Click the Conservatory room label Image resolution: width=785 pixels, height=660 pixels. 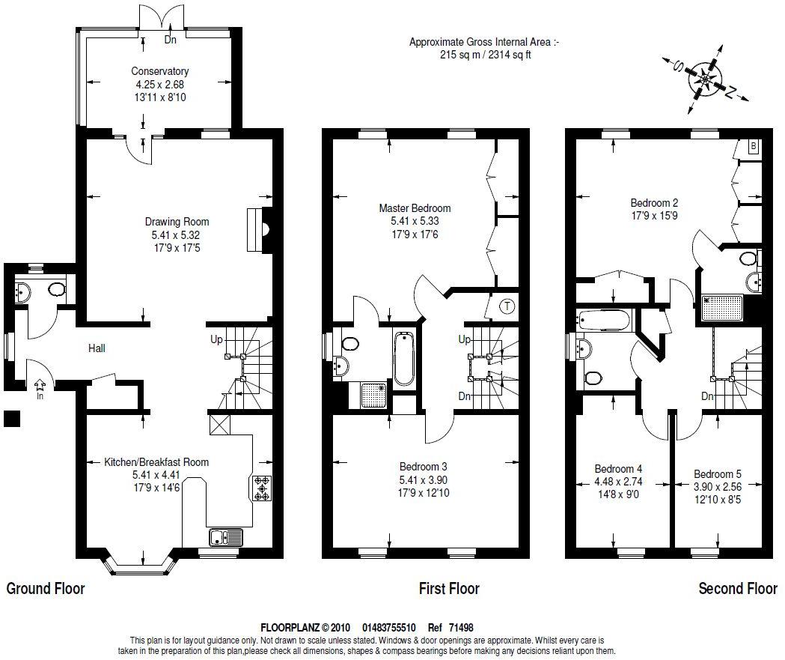159,71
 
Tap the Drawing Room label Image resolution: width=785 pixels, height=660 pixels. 177,222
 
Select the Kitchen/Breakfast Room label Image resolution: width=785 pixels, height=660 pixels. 156,462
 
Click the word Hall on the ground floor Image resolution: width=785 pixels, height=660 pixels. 97,348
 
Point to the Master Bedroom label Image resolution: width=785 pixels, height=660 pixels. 415,208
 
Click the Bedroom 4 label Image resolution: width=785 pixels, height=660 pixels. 618,468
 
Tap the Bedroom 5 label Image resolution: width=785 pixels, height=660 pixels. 718,473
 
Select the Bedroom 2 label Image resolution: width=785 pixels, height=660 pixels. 654,203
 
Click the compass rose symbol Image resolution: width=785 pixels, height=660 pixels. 706,79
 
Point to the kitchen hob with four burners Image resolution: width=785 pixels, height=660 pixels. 262,488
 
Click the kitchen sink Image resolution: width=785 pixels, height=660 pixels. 226,537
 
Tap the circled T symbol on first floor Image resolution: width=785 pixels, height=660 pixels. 507,306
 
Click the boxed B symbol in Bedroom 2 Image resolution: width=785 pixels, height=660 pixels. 754,146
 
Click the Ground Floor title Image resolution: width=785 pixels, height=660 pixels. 46,588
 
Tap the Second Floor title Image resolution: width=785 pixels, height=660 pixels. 738,588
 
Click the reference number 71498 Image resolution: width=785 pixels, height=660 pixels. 461,628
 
